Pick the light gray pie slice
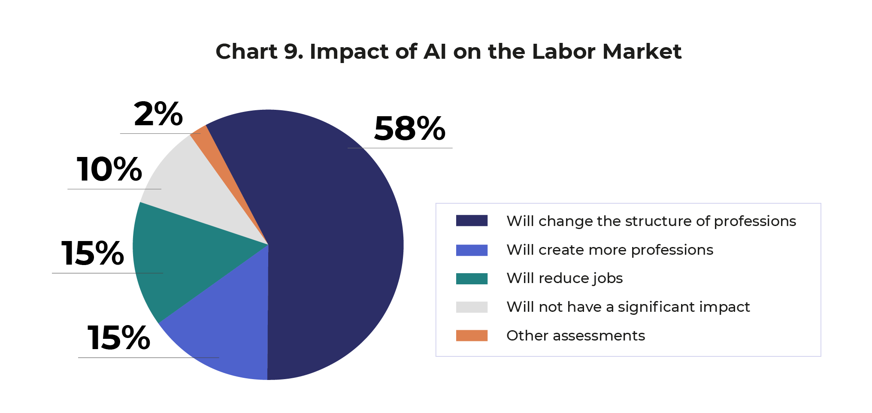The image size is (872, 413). point(202,193)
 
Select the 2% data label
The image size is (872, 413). point(158,115)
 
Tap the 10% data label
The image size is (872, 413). point(109,169)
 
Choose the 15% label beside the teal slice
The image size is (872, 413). point(92,253)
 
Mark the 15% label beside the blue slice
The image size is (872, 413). point(118,338)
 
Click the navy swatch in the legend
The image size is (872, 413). point(472,221)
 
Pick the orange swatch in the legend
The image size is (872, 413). point(472,335)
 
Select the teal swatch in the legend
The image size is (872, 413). point(472,278)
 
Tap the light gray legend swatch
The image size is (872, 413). point(472,307)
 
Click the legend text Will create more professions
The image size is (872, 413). point(609,250)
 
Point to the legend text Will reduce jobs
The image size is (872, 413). point(564,278)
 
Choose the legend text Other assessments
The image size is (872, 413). point(575,335)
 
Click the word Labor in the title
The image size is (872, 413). point(563,51)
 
